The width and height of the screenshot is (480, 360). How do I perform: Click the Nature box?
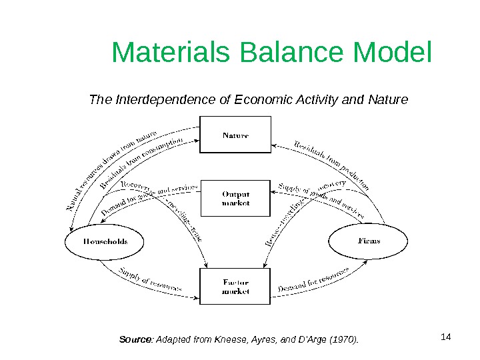pos(235,135)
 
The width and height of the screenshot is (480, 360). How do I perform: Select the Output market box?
pos(235,198)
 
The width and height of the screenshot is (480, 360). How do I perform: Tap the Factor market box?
pos(235,287)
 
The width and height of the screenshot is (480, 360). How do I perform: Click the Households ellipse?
pos(105,241)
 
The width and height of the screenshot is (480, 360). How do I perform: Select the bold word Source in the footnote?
pos(135,341)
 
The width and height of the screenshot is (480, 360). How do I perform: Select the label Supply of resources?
pos(150,281)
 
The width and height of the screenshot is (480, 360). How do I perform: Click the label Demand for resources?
pos(313,281)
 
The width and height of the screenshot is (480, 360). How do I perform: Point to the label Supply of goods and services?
pos(320,200)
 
